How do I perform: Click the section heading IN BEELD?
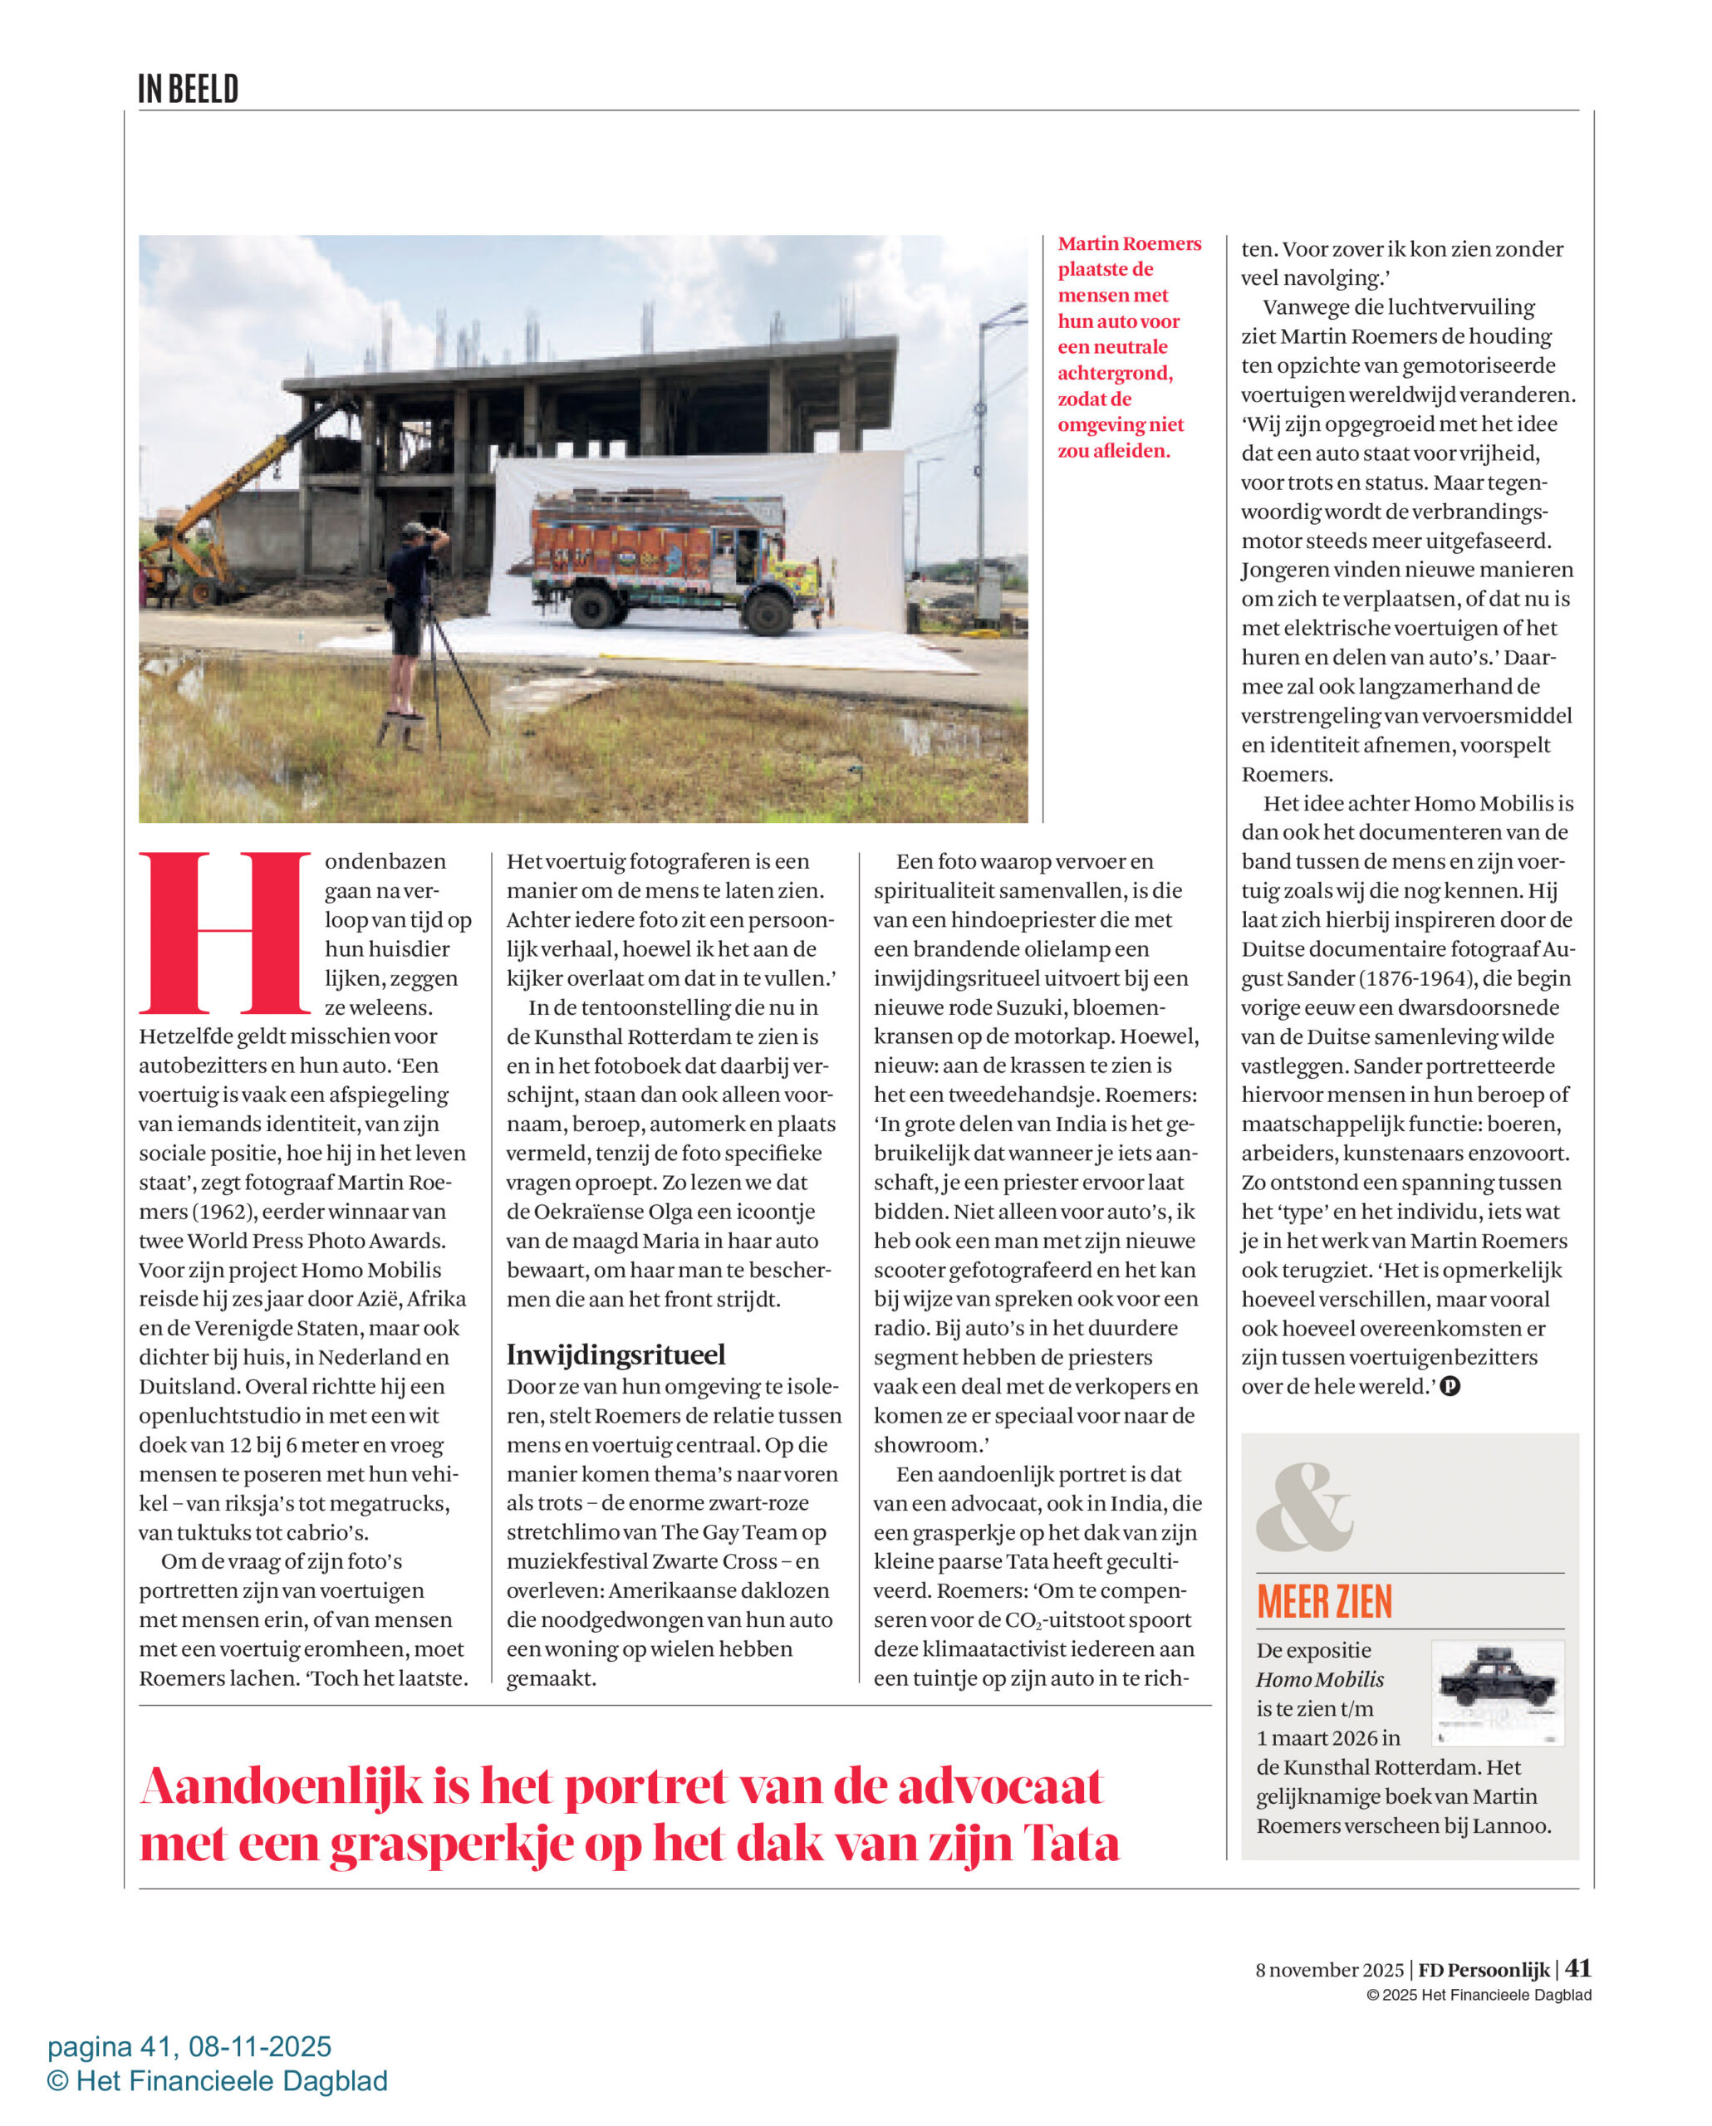click(188, 90)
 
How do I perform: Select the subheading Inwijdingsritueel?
click(616, 1354)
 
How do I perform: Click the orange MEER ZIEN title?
click(1323, 1602)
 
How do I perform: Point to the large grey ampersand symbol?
click(1302, 1508)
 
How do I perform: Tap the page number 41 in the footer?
click(1578, 1968)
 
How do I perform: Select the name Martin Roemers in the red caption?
click(1129, 243)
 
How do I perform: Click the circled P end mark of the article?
click(1450, 1386)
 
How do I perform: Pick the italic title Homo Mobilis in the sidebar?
click(1319, 1679)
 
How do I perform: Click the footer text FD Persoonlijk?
click(1484, 1970)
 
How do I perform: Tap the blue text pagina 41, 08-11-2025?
click(189, 2047)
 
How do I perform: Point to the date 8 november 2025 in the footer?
click(1329, 1970)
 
